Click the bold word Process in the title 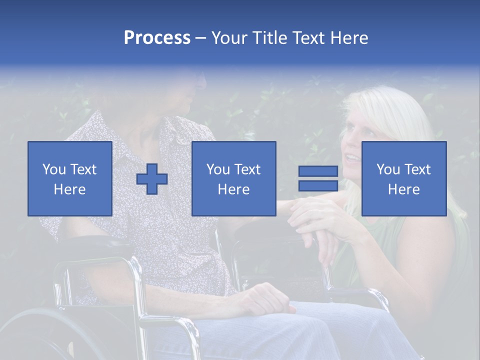coord(157,38)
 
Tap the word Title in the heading coord(270,38)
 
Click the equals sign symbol coord(318,179)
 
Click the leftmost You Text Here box coord(69,179)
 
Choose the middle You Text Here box coord(233,179)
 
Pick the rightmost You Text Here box coord(403,179)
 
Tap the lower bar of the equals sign coord(318,186)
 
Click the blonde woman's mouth coord(352,159)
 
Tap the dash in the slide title coord(201,38)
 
